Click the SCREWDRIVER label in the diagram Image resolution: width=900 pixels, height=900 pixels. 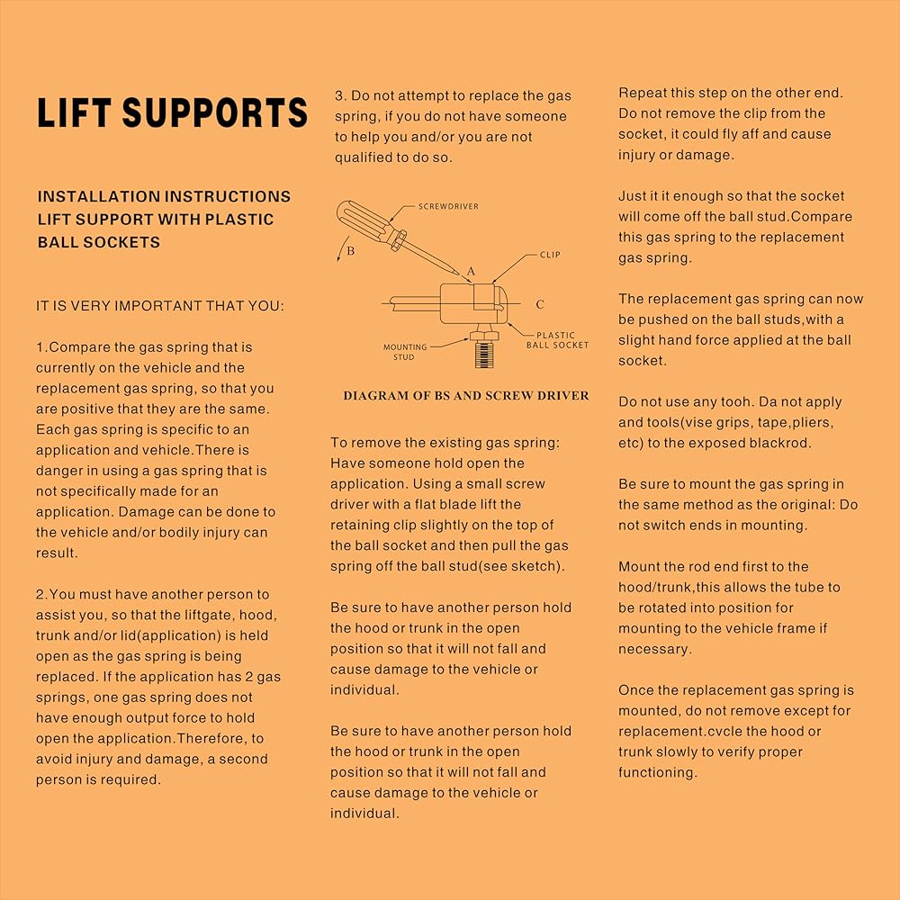[448, 206]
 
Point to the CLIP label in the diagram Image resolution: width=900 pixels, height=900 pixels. [550, 255]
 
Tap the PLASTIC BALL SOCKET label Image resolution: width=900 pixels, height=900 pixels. [562, 339]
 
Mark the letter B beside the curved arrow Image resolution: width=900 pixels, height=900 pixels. [351, 251]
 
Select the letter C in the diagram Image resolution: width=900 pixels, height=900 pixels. [540, 304]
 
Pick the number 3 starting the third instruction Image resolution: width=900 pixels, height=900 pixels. [339, 96]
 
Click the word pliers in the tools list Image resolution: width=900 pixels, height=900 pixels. [810, 422]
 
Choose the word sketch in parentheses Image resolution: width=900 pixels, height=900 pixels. [535, 567]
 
